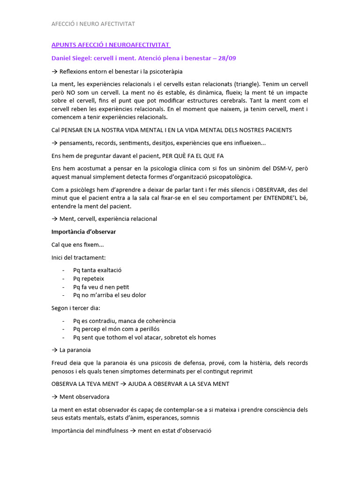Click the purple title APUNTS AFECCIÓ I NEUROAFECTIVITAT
(110, 45)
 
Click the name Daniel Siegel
(71, 58)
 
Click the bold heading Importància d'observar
(83, 232)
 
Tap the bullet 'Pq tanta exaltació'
(97, 270)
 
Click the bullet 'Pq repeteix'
(89, 278)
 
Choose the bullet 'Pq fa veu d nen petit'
(101, 287)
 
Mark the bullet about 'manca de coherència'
(124, 321)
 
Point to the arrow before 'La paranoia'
(54, 350)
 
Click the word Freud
(60, 363)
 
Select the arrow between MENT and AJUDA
(123, 384)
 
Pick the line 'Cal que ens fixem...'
(77, 244)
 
